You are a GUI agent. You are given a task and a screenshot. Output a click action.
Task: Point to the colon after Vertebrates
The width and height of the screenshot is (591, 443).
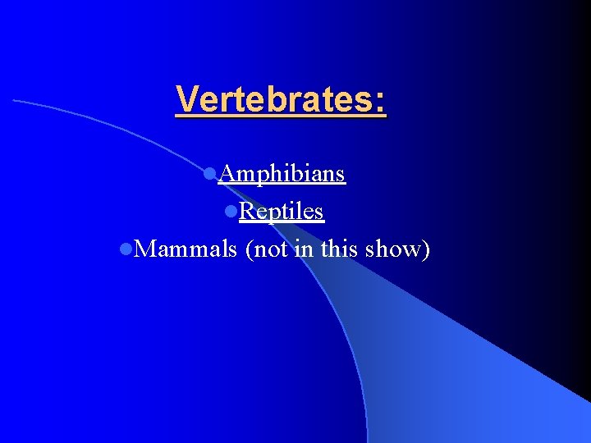380,100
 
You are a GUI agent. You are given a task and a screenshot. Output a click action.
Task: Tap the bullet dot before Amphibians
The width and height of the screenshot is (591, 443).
209,174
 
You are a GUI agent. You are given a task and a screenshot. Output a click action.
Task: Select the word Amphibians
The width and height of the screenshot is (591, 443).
282,175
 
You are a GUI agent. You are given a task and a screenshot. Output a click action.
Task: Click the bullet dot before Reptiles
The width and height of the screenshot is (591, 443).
231,212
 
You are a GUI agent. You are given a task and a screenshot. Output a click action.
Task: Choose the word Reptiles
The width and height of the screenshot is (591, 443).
282,212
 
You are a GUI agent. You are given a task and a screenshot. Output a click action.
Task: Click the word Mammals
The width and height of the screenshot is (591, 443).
186,249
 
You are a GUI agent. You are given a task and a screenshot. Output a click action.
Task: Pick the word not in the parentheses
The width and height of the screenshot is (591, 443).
268,249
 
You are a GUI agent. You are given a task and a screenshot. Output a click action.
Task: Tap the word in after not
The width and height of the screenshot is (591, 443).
304,249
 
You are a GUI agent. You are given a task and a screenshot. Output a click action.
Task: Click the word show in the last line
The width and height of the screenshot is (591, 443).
396,249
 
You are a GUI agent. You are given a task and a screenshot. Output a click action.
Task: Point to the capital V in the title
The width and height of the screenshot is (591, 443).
186,99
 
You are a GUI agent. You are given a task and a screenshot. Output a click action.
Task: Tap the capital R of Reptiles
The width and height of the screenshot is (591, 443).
247,212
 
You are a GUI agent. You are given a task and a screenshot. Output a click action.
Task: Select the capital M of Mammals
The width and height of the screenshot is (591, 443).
144,249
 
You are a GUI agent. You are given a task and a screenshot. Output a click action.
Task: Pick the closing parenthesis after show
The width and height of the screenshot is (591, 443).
426,249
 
